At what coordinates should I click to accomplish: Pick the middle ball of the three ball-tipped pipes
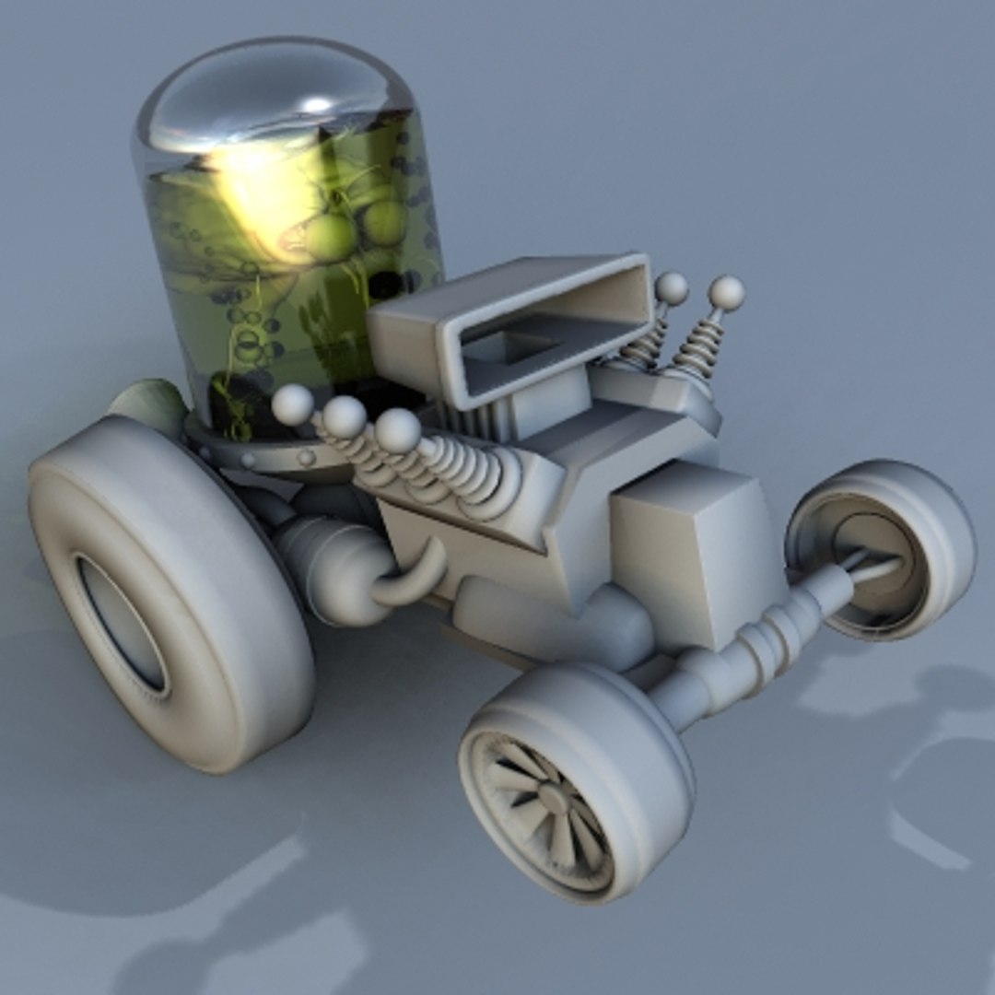tap(344, 417)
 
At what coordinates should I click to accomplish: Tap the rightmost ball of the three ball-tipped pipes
tap(397, 430)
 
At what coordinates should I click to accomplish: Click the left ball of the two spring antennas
tap(671, 289)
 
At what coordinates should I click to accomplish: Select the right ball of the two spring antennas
tap(727, 293)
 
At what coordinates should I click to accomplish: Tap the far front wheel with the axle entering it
tap(880, 548)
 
